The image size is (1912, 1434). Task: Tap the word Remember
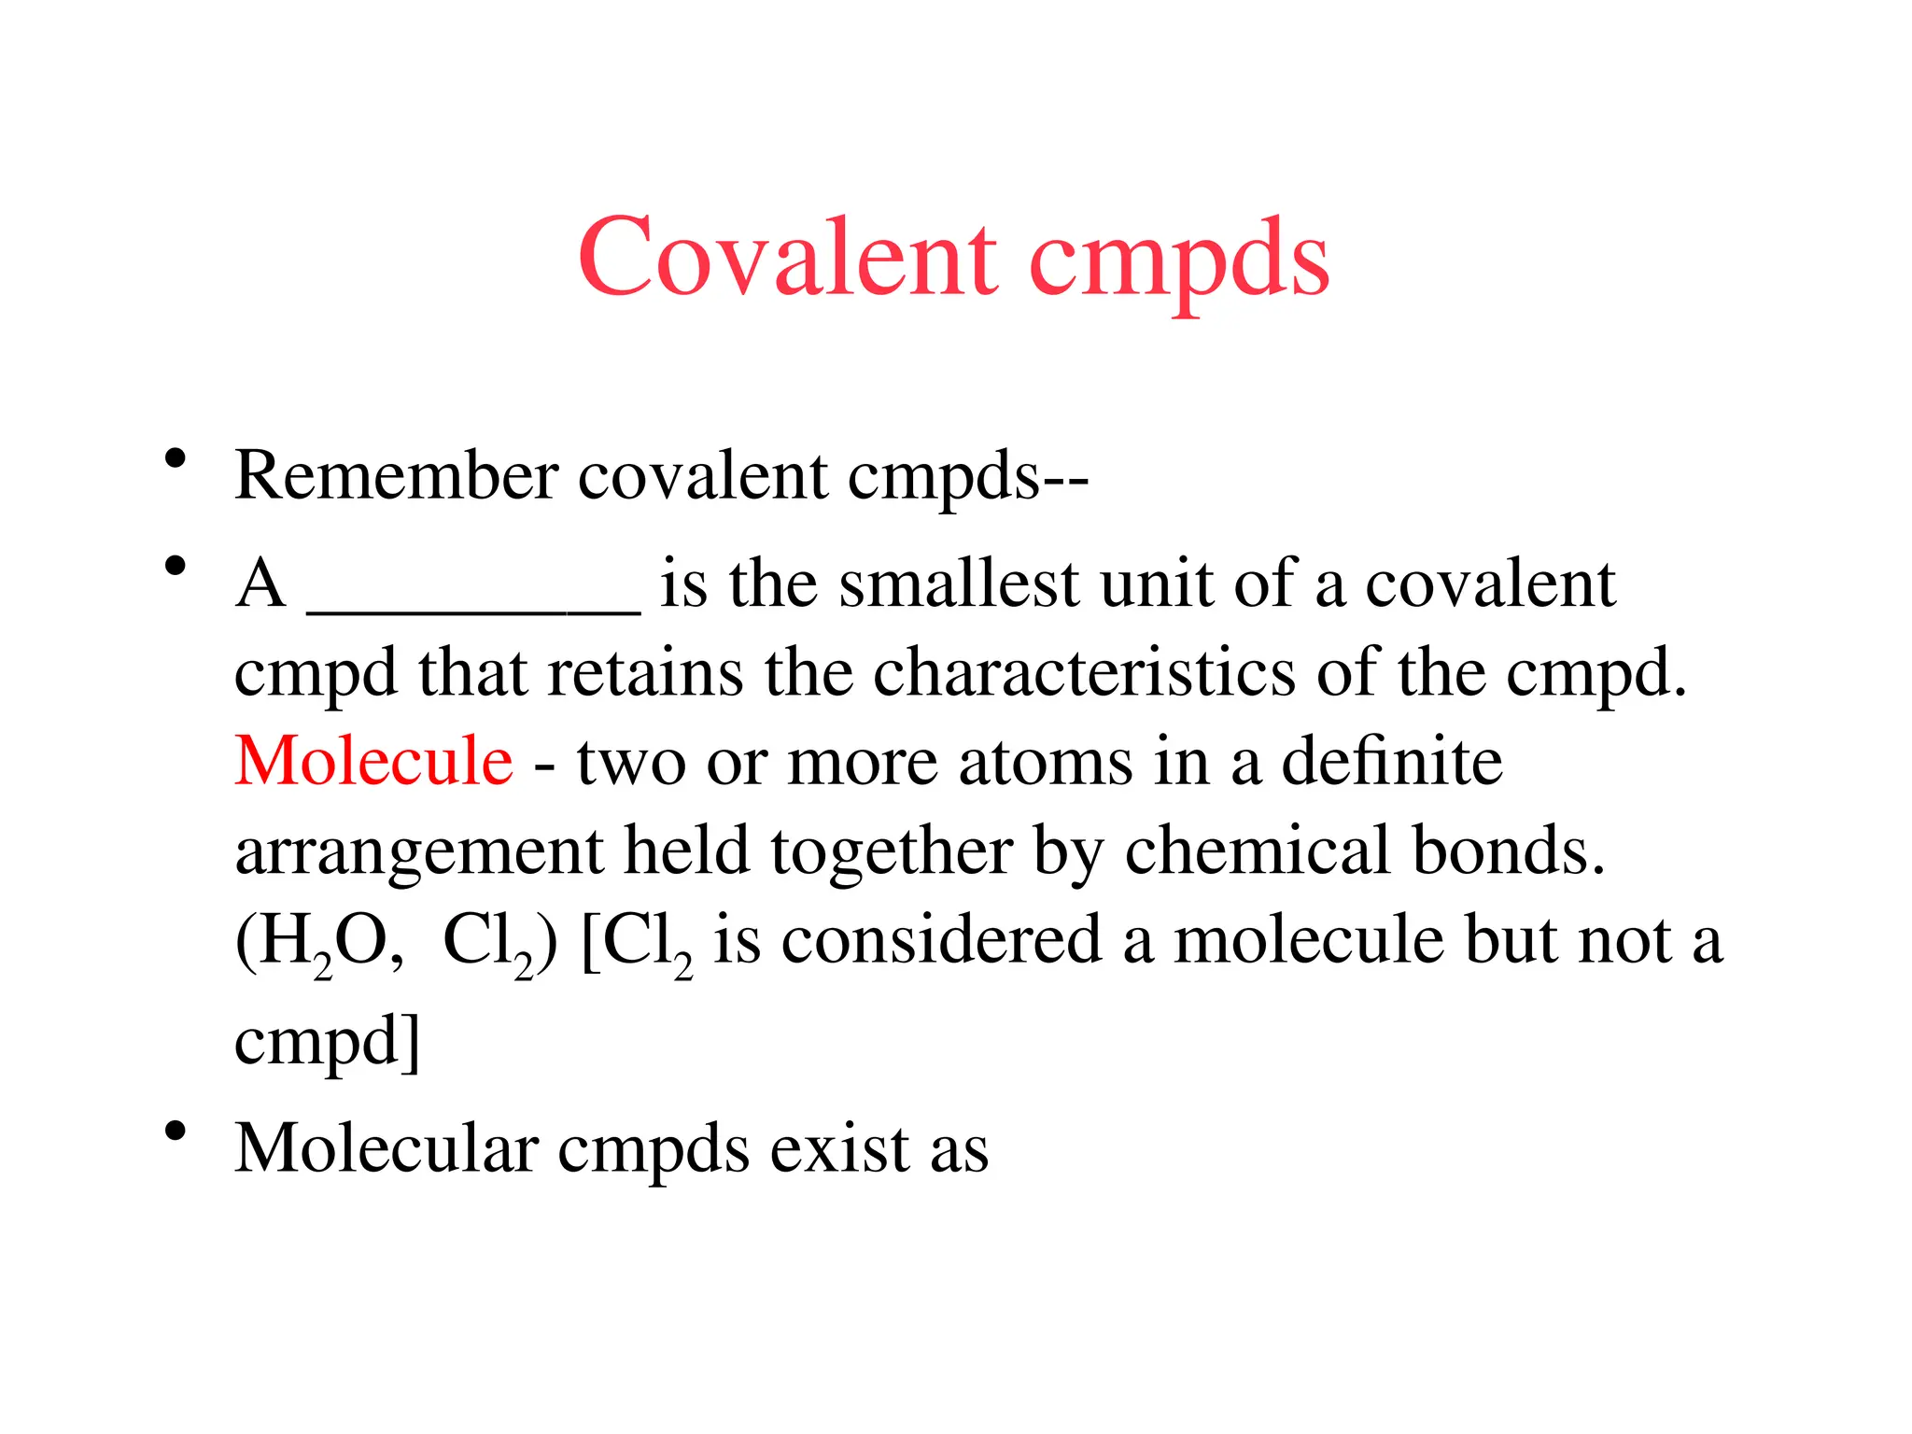(396, 476)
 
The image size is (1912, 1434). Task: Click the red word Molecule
(373, 761)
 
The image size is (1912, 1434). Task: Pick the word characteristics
(1083, 672)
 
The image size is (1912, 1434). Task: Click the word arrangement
(418, 851)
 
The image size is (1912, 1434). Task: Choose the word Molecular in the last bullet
(387, 1148)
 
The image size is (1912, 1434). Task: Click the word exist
(839, 1148)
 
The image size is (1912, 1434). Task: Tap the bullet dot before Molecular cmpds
(175, 1132)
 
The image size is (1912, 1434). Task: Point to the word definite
(1391, 761)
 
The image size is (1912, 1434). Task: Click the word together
(892, 851)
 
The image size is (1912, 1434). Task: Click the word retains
(645, 672)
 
